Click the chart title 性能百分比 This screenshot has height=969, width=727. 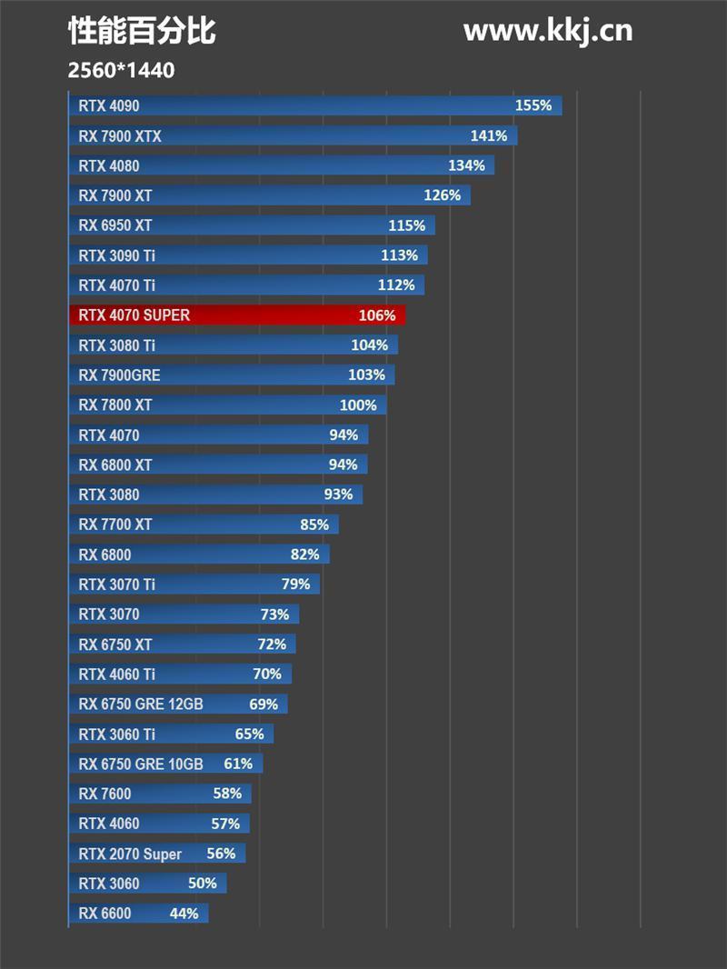tap(142, 31)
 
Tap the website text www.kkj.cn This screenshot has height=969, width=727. tap(547, 31)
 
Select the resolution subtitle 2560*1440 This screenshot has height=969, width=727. tap(121, 70)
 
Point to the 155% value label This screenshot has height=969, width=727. tap(533, 105)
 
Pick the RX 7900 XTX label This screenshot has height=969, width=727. tap(120, 136)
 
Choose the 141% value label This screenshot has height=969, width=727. tap(489, 135)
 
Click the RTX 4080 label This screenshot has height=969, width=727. tap(109, 166)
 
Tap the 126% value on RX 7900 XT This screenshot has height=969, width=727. tap(443, 195)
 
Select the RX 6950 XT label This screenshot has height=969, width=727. tap(115, 225)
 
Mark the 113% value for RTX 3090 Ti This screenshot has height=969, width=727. tap(399, 255)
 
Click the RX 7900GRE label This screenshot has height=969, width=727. tap(119, 375)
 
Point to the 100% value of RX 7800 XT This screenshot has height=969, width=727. tap(358, 405)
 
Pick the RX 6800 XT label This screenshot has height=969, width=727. tap(115, 465)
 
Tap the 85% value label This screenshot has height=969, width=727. tap(314, 524)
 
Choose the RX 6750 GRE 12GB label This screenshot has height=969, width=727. tap(141, 704)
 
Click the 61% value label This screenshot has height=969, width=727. tap(238, 764)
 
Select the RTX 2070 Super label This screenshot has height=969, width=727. tap(130, 854)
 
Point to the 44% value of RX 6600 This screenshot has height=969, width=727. tap(184, 914)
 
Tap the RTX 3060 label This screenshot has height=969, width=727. tap(109, 884)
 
